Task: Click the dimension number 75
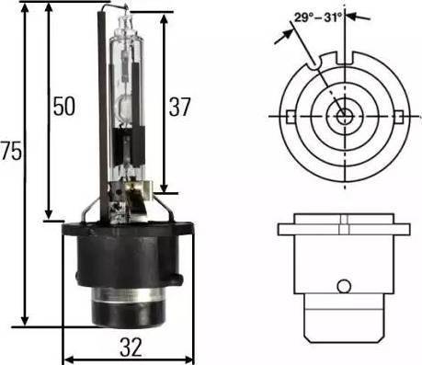click(x=12, y=151)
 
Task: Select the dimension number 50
click(x=64, y=107)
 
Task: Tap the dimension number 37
click(x=179, y=107)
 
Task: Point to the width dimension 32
click(x=131, y=348)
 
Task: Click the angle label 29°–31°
click(x=318, y=17)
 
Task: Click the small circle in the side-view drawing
click(x=344, y=286)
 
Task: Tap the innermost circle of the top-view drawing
click(x=345, y=117)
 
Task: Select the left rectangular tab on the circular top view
click(x=291, y=117)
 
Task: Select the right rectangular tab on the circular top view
click(x=399, y=117)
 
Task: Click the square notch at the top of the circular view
click(x=345, y=58)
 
